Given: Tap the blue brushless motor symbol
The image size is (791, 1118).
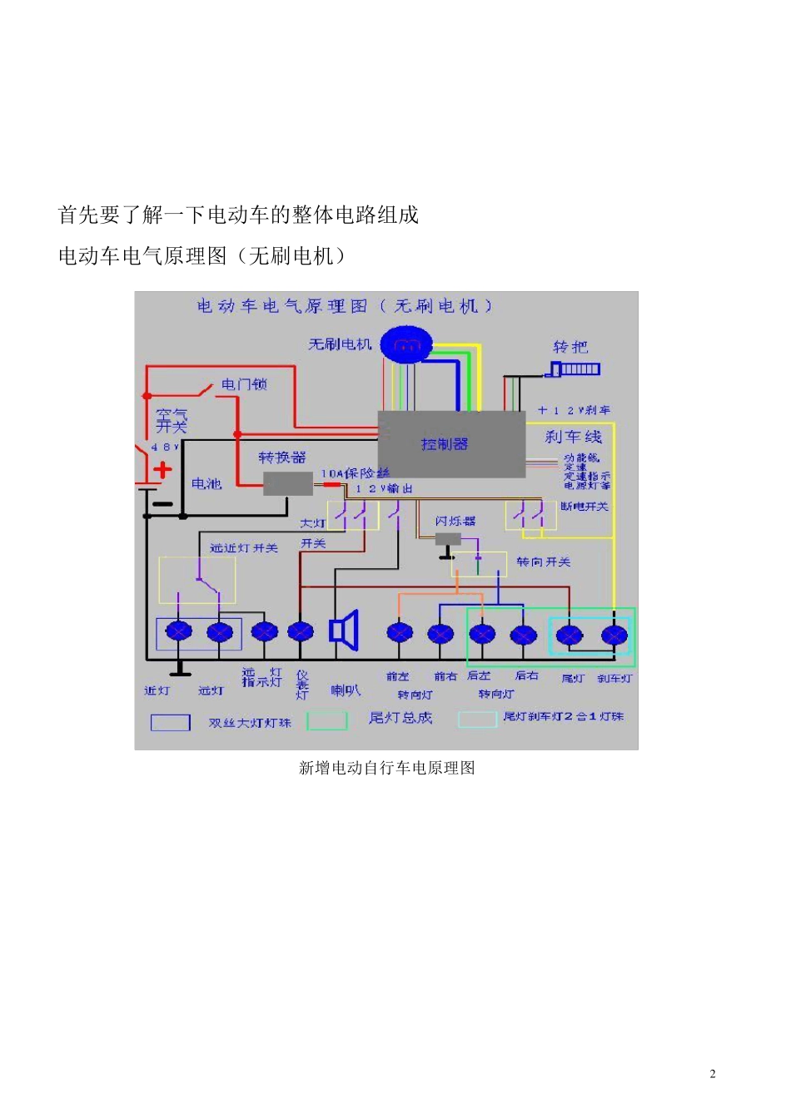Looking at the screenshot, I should coord(406,344).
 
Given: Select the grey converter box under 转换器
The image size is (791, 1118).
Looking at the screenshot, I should coord(287,483).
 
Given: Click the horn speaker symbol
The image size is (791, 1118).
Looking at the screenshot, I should coord(344,631).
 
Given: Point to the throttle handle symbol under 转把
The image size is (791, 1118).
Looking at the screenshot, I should coord(575,369).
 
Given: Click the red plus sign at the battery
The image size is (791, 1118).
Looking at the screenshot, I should coord(162,469).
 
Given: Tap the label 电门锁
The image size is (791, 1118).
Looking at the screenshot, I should coord(244,384).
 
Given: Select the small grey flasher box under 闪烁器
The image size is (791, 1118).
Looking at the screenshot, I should coord(448,539).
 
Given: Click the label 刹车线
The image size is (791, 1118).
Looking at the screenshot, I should coord(573,438).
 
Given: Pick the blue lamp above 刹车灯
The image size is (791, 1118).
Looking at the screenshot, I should coord(614,636).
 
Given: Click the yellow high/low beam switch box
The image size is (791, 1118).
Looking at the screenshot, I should coord(197,580).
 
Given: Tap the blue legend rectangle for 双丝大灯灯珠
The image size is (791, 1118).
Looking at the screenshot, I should coord(170,722).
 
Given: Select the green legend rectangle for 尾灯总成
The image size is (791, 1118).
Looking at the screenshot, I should coord(326,720).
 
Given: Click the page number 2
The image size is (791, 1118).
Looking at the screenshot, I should coord(713,1074).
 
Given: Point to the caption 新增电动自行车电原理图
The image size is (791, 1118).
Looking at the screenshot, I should coord(386,768).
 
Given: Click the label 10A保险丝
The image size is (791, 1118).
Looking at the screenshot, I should coord(356,473).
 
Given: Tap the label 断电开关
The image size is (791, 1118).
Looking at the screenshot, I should coord(585,506).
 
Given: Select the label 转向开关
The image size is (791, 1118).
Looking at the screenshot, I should coord(543,562).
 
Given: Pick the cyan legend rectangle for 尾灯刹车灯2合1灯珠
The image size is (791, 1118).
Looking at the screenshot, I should coord(477,719).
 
